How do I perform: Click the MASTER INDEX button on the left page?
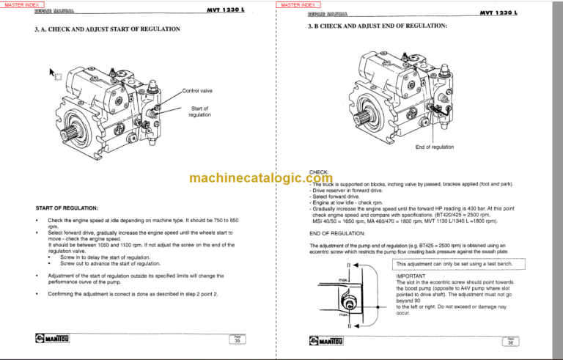[24, 5]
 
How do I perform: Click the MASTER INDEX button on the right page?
[301, 5]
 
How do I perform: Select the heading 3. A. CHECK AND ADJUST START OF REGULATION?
[107, 29]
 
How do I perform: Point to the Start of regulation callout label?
[199, 111]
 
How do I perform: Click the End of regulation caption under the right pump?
[434, 147]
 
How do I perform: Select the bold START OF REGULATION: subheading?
[72, 208]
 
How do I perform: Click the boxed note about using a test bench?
[455, 264]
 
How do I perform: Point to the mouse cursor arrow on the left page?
[52, 72]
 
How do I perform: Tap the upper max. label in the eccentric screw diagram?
[342, 280]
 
